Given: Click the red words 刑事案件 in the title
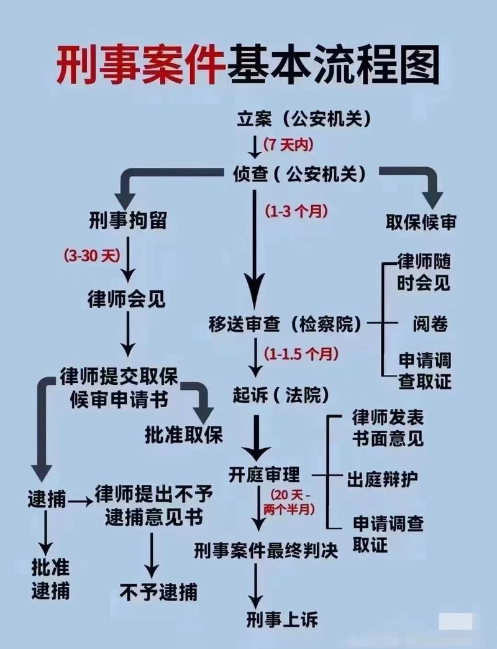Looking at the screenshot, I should (x=139, y=64).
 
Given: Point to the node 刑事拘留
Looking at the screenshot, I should (x=127, y=220).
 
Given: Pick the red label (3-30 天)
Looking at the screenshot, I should (x=92, y=255).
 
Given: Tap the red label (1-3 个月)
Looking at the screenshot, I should (x=296, y=211).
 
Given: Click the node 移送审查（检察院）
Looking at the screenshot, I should (x=285, y=324).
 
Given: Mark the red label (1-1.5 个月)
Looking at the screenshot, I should (x=301, y=354).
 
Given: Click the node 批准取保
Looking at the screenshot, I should (x=183, y=435).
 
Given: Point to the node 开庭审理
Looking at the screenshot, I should (x=264, y=476).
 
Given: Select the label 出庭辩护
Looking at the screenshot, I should (x=382, y=479).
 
